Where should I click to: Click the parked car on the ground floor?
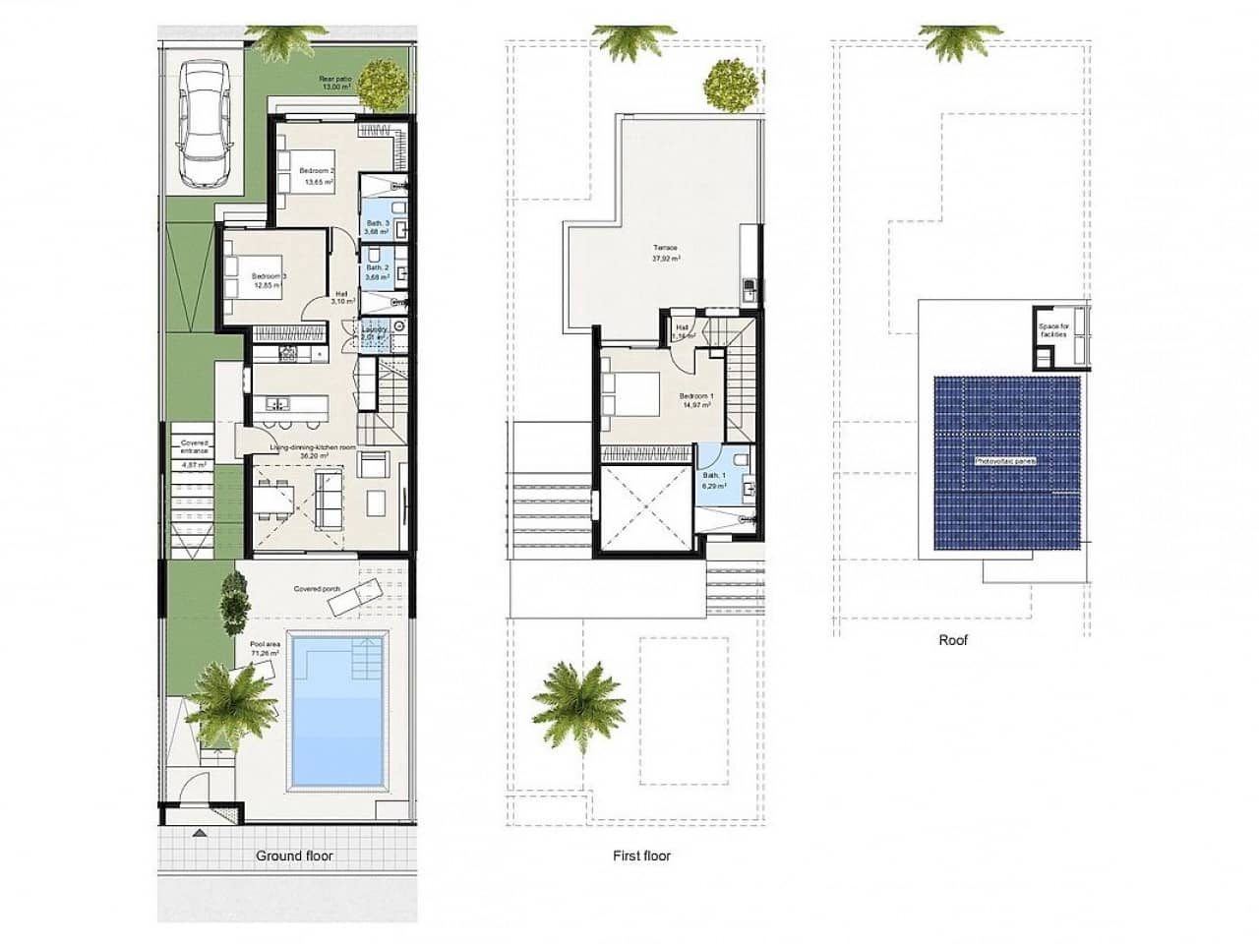click(x=206, y=123)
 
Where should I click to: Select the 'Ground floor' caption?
click(x=294, y=855)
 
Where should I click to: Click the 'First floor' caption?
click(x=641, y=855)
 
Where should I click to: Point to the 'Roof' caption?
click(x=953, y=640)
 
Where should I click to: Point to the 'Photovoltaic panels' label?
click(x=1005, y=460)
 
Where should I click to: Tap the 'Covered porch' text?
click(x=317, y=590)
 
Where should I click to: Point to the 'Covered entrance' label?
click(x=194, y=447)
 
